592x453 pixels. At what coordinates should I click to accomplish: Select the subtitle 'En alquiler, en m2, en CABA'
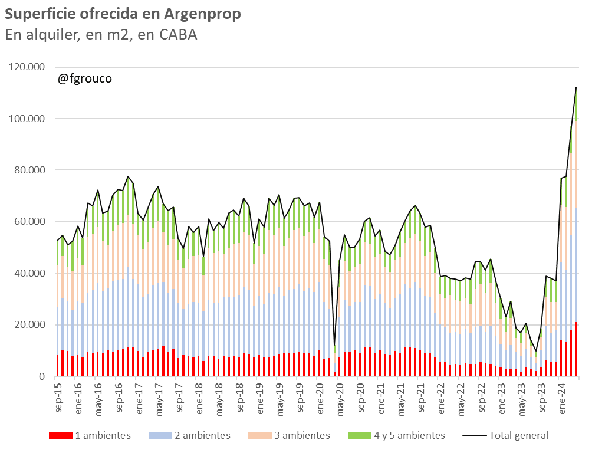coord(101,35)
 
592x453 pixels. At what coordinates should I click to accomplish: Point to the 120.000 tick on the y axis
coord(27,67)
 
